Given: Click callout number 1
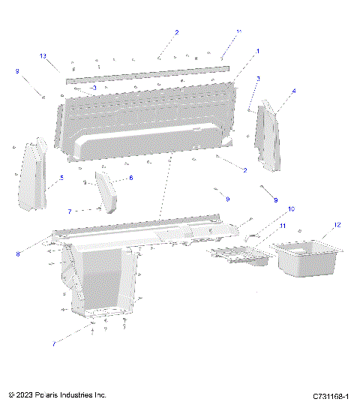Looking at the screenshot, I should click(258, 51).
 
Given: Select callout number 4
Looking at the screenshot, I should click(293, 91).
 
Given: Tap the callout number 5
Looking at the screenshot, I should click(61, 178).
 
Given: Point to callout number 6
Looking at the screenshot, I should click(131, 178).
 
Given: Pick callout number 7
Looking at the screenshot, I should click(70, 211).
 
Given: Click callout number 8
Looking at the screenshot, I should click(17, 254).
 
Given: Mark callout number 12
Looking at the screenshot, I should click(337, 224).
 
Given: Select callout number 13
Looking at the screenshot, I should click(43, 56).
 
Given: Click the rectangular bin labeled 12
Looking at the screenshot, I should click(306, 257).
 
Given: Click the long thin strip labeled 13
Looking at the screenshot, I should click(146, 71).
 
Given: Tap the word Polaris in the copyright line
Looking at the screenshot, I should click(49, 394).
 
